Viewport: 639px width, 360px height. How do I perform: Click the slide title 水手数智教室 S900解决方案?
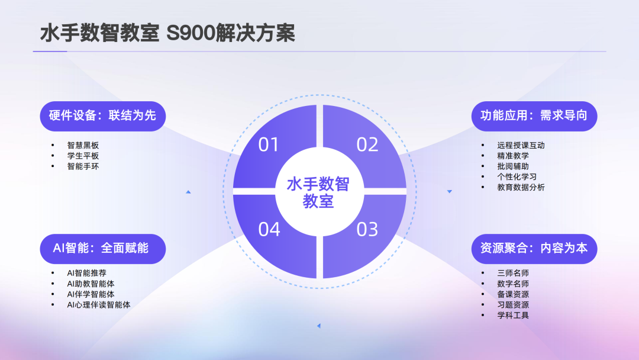(x=167, y=33)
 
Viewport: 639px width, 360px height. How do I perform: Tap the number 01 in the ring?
(x=269, y=144)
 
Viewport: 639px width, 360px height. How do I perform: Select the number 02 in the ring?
(x=367, y=144)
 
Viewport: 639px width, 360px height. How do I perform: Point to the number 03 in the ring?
(x=367, y=229)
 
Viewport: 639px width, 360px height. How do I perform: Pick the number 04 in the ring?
(x=269, y=229)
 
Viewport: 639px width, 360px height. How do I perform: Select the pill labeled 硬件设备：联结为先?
(x=103, y=115)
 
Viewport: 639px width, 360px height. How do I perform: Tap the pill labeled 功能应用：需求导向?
(x=534, y=115)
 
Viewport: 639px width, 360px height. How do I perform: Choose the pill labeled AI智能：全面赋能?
(x=103, y=248)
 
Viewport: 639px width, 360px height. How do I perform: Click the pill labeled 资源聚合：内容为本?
(x=534, y=248)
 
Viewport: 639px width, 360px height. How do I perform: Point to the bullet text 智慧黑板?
(x=83, y=145)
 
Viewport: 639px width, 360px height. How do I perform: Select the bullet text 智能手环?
(x=83, y=166)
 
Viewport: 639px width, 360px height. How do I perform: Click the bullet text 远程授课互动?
(x=521, y=145)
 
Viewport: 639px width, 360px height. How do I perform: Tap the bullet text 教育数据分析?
(x=521, y=188)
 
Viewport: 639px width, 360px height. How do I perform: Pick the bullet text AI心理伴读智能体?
(x=99, y=305)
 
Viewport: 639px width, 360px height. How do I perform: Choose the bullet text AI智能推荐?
(x=87, y=273)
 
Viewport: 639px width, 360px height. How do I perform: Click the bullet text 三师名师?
(x=513, y=273)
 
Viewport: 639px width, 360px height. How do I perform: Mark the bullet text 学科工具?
(x=513, y=316)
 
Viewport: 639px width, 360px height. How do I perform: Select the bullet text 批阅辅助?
(x=513, y=166)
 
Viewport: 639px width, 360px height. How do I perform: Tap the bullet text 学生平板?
(x=83, y=156)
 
